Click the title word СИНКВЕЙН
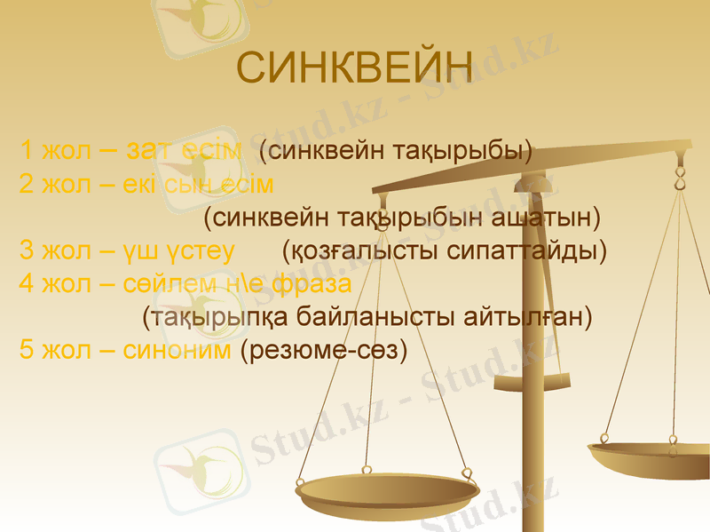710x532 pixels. point(355,69)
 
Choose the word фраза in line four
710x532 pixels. point(313,284)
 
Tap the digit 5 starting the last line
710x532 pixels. point(27,350)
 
